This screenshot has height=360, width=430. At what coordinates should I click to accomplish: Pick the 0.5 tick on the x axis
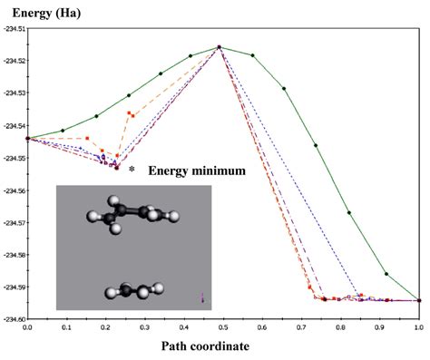(x=223, y=326)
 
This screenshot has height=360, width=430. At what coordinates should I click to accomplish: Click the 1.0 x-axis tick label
(x=419, y=326)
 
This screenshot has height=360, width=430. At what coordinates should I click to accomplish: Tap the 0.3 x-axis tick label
(x=145, y=326)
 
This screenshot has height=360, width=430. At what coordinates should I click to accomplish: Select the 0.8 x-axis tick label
(x=341, y=326)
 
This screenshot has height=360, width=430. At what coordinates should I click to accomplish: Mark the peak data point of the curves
(x=220, y=47)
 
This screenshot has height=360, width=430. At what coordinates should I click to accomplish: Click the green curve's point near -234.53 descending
(x=284, y=88)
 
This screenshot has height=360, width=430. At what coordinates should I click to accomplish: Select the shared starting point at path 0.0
(x=28, y=139)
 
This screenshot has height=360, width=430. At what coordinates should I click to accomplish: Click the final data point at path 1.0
(x=419, y=300)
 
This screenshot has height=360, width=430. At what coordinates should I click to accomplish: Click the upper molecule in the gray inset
(x=132, y=214)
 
